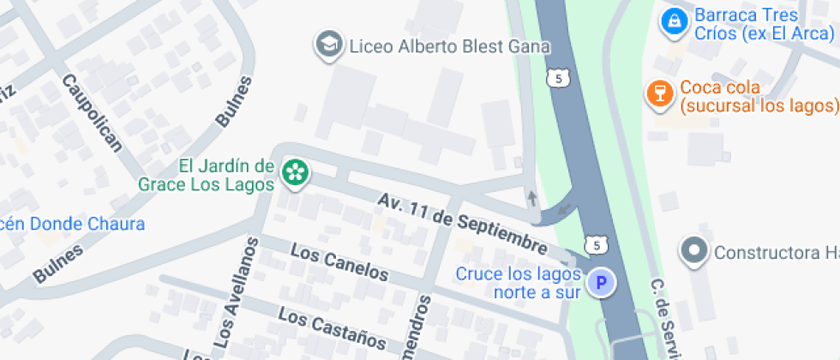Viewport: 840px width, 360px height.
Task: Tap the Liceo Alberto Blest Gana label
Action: [449, 47]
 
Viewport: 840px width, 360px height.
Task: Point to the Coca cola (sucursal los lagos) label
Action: [758, 97]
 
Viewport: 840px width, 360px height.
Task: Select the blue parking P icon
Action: [601, 282]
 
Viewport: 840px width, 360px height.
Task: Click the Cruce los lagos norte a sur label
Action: [519, 283]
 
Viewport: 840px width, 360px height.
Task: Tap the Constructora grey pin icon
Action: [693, 252]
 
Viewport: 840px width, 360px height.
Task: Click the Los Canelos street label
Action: [339, 263]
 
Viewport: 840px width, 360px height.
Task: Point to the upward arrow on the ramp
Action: [532, 199]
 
